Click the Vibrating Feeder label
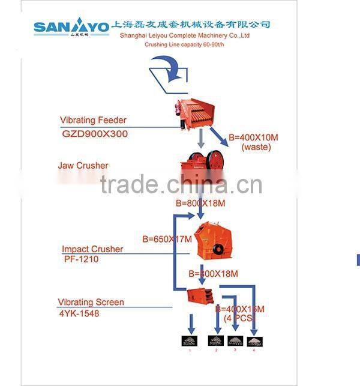click(93, 120)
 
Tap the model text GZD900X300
click(95, 134)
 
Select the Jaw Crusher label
click(83, 165)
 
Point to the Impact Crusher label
click(92, 249)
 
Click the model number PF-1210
click(81, 259)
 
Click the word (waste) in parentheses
click(256, 146)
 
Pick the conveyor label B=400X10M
click(253, 137)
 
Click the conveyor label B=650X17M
click(167, 238)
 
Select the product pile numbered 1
click(190, 340)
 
